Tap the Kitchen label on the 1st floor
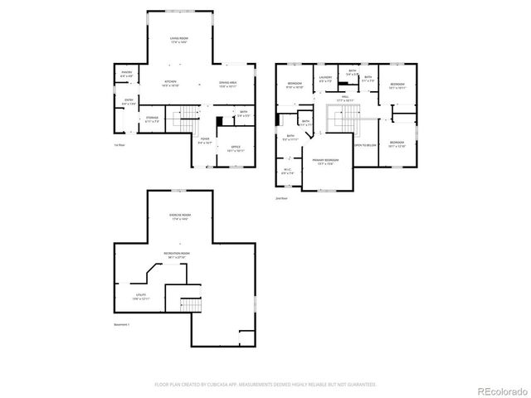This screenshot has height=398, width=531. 171,83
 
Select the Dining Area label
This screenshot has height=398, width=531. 229,83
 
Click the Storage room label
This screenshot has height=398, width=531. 151,120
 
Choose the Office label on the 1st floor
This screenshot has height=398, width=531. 235,148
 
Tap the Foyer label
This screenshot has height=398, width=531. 205,141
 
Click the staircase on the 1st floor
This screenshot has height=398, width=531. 191,114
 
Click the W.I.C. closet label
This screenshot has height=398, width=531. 287,172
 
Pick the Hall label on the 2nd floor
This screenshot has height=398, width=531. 346,97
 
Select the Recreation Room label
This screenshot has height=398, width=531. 176,255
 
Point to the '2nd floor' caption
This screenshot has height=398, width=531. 282,198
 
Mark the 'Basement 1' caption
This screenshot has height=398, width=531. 121,324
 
